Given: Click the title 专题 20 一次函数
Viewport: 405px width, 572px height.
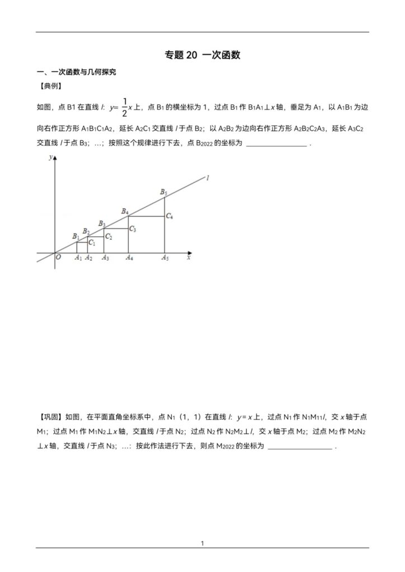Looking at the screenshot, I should tap(202, 55).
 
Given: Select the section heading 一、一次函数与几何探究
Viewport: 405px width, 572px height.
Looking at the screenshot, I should tap(77, 72).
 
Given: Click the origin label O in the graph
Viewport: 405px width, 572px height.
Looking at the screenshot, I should tap(58, 257).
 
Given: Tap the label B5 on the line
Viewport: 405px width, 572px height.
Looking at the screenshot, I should tap(163, 193).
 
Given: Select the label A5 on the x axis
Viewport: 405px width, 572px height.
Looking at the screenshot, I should tap(165, 258).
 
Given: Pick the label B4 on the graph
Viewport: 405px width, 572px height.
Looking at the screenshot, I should tap(125, 212).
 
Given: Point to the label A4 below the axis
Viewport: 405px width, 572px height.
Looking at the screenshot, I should tap(129, 258).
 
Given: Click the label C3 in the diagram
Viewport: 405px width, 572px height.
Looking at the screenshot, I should tap(133, 229).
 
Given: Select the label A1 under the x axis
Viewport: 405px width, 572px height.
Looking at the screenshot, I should tap(78, 258).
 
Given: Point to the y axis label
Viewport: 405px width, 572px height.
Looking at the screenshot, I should tap(50, 158).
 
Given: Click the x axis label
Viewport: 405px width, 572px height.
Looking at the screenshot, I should tap(189, 258).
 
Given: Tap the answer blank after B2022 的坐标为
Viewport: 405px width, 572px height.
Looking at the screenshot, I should tap(276, 144).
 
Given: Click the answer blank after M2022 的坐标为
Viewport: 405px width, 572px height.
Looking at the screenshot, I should tap(301, 447).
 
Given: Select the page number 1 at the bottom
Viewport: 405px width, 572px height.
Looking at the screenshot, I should tap(202, 542).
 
